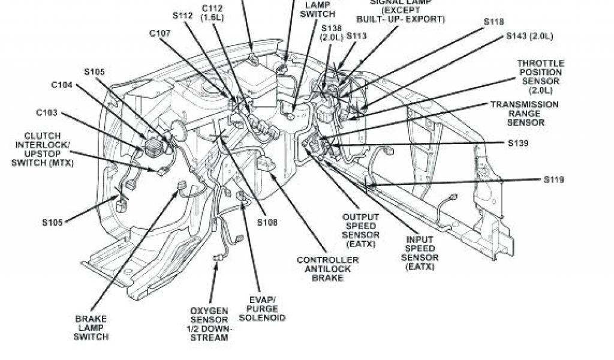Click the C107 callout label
(160, 34)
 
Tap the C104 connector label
(62, 85)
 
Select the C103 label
(46, 112)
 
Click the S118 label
(493, 22)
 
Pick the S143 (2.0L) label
(529, 36)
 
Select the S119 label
(553, 179)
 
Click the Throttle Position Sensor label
(540, 76)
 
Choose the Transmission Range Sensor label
(525, 113)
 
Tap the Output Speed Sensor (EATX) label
(360, 231)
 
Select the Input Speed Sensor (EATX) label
(420, 253)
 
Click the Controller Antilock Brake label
(327, 269)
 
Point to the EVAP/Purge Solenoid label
(267, 308)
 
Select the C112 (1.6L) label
(213, 13)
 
